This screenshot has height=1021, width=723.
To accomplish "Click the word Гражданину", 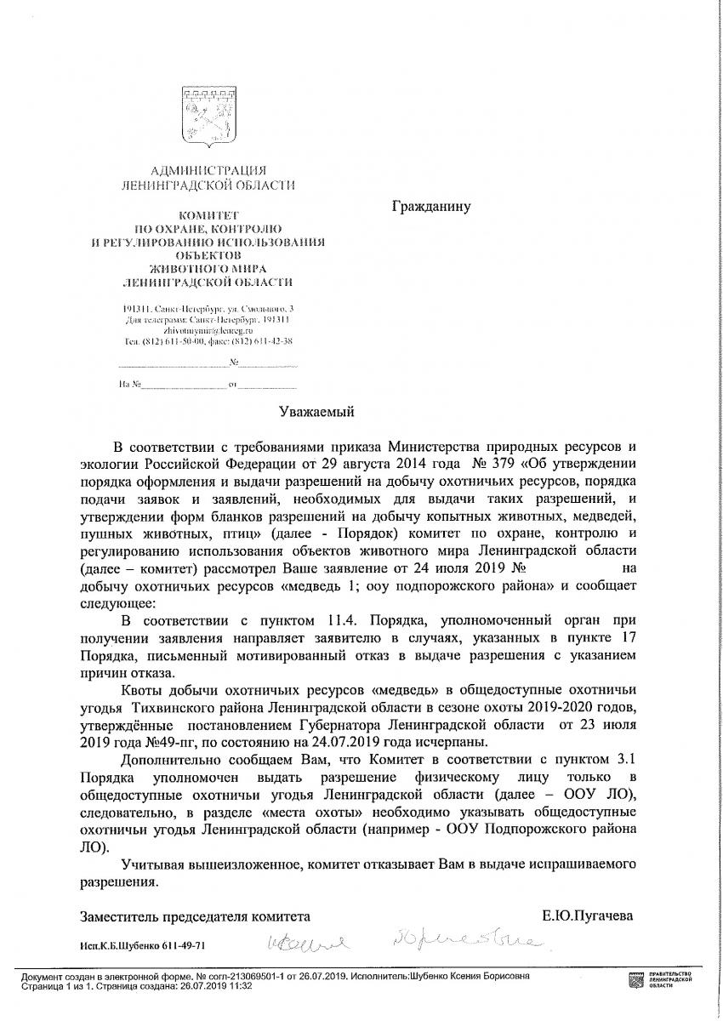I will (430, 206).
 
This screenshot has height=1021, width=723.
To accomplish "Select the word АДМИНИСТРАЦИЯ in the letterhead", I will (208, 171).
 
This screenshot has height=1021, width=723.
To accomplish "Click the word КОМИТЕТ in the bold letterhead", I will (208, 216).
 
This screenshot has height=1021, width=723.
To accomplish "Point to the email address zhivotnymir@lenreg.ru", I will (208, 328).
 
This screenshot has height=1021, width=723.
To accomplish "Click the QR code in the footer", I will (636, 978).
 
